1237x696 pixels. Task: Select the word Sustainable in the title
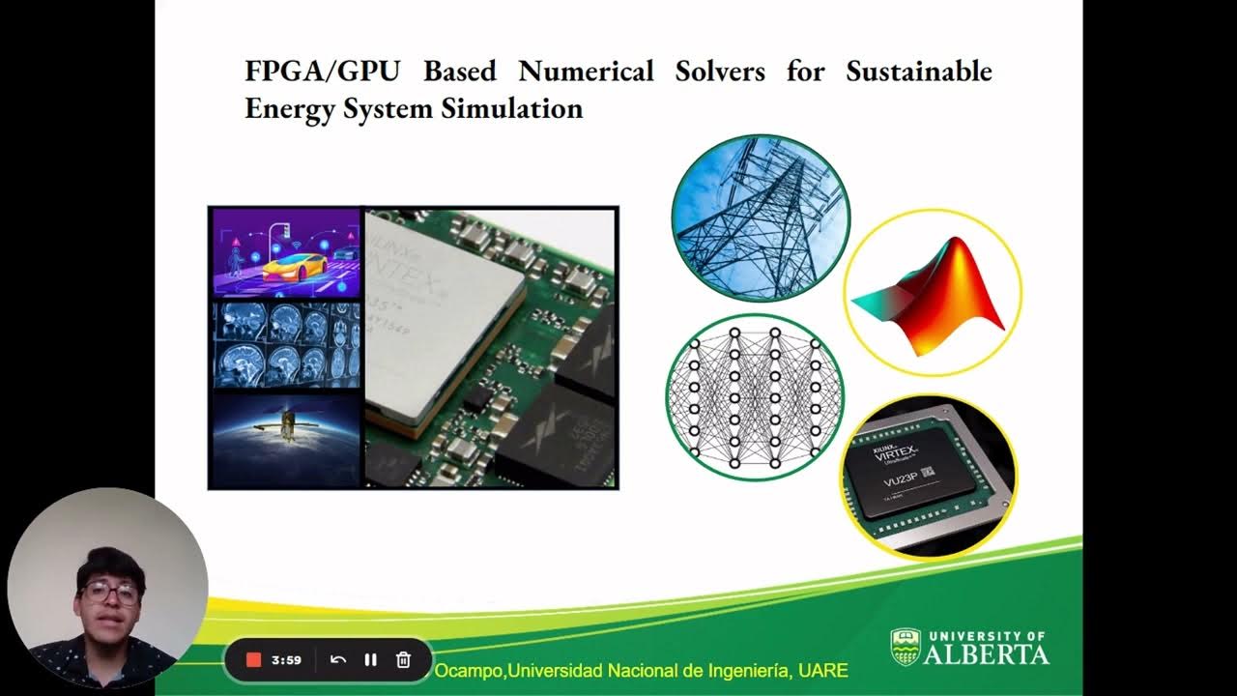click(919, 72)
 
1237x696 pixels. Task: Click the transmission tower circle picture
click(761, 218)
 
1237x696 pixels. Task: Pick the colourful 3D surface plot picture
click(932, 292)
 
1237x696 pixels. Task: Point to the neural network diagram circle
click(755, 397)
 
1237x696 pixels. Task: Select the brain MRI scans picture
click(286, 343)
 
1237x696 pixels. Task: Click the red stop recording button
click(254, 660)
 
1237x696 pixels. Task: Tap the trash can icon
click(404, 660)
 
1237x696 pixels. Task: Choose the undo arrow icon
click(338, 660)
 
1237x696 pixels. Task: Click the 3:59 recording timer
click(286, 660)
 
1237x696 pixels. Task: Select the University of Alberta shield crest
click(905, 648)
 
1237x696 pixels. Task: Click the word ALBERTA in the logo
click(986, 654)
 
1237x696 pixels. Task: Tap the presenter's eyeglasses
click(109, 592)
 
